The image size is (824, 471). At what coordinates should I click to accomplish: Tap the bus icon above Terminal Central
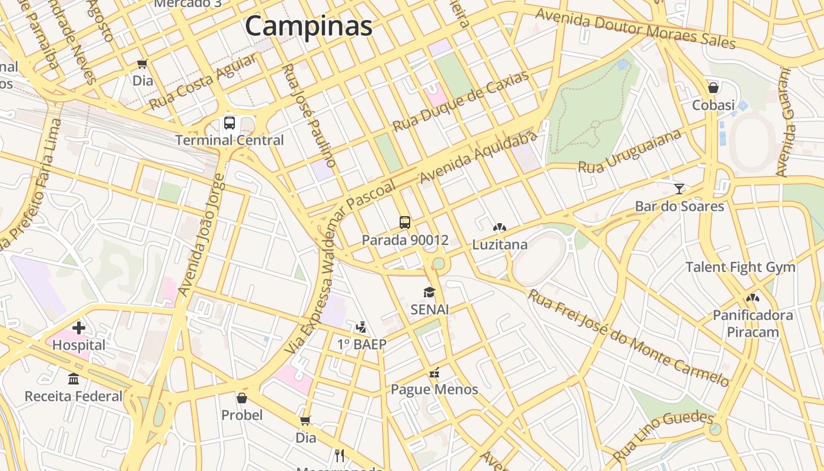coord(230,123)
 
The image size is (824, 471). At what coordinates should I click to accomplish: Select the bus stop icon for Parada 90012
coord(405,223)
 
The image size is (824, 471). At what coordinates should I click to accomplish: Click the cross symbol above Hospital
coord(79,328)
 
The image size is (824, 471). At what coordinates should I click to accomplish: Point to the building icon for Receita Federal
coord(74,379)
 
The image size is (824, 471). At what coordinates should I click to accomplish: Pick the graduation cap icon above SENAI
coord(430,292)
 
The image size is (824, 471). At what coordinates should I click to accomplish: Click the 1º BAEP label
coord(361,344)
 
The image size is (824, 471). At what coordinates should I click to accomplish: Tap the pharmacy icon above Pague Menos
coord(435,372)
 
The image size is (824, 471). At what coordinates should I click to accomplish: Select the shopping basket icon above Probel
coord(242,398)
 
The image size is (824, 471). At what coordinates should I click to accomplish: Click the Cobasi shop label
coord(713,105)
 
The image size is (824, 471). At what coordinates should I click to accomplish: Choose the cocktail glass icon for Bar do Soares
coord(679,189)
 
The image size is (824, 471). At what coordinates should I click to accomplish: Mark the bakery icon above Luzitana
coord(500,227)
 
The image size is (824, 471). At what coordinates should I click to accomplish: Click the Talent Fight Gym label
coord(740,267)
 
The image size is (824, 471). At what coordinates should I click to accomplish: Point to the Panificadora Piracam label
coord(753,324)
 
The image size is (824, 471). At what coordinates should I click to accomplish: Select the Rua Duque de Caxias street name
coord(461,101)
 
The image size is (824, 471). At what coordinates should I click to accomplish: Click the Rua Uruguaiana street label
coord(630,151)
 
